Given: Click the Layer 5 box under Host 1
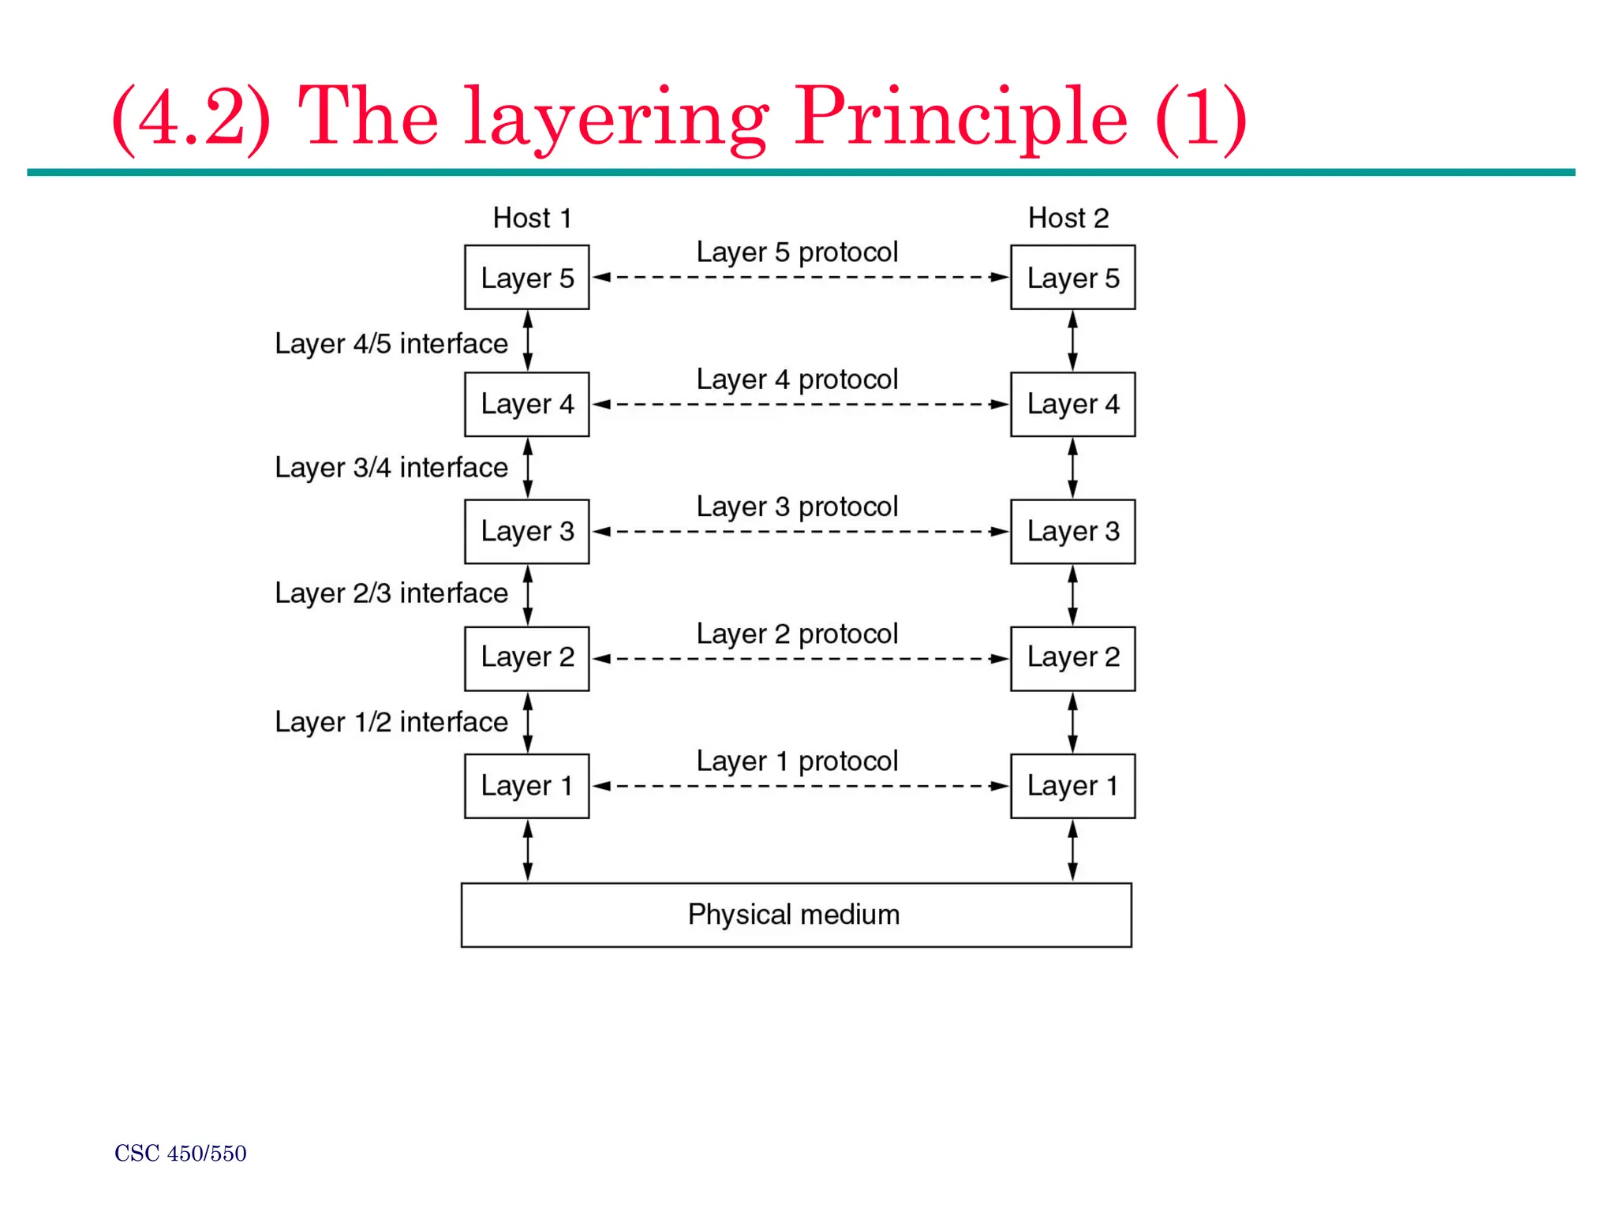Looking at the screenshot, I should (x=526, y=277).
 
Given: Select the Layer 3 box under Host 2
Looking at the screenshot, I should (x=1072, y=531).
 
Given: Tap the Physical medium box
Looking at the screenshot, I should (x=795, y=915).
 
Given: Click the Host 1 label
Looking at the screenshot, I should (x=532, y=218).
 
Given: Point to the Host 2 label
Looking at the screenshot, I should (x=1068, y=218).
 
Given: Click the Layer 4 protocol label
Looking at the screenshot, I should (x=797, y=380).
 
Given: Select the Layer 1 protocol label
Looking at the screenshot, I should (x=797, y=761).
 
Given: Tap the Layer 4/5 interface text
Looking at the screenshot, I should (x=391, y=344).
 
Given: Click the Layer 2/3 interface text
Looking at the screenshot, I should (x=391, y=593).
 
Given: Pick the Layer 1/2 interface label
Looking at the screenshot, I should (x=391, y=722).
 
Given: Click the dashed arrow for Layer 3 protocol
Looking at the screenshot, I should (x=800, y=532).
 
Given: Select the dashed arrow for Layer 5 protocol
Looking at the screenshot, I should (x=800, y=277).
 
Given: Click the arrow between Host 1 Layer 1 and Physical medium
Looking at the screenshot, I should (x=528, y=851).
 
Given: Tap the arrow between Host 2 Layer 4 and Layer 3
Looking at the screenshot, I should (x=1072, y=468).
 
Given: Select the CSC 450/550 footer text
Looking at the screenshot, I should (x=181, y=1154).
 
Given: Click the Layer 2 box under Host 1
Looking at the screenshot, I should (x=526, y=658).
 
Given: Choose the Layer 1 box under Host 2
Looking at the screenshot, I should (x=1072, y=786).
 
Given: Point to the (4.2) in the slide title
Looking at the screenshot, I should (x=192, y=118).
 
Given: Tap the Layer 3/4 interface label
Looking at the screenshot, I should (x=391, y=468).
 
